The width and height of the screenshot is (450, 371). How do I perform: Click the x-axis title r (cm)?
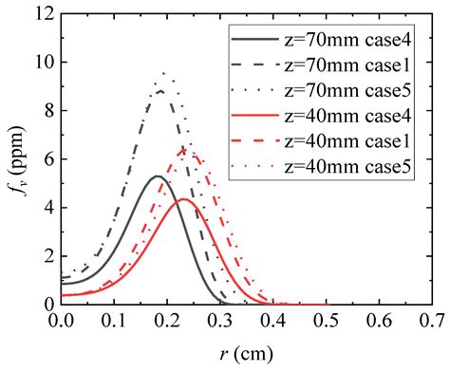[251, 353]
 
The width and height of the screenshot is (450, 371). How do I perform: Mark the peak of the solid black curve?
[159, 176]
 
